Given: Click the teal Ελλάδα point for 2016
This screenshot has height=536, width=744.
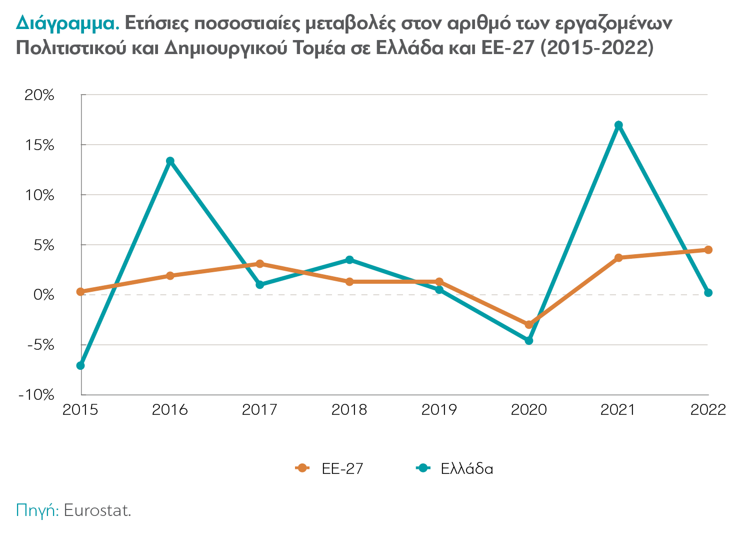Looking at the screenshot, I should tap(170, 161).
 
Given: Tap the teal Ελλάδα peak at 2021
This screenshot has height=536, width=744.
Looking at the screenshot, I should tap(618, 125).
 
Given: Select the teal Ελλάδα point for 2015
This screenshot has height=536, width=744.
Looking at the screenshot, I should tap(80, 365).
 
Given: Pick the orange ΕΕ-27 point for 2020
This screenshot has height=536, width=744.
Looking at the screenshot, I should tap(529, 325).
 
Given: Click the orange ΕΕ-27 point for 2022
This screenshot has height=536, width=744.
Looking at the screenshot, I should tap(708, 250).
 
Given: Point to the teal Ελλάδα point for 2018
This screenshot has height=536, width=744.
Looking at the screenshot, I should tap(349, 260).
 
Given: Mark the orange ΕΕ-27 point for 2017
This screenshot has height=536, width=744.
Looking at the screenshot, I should tap(259, 264).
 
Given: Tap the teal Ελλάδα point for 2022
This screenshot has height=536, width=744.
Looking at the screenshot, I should tap(708, 293).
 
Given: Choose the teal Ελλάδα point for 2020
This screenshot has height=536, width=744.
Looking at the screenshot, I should tap(529, 340).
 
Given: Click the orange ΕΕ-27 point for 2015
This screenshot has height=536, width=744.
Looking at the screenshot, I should tap(80, 292).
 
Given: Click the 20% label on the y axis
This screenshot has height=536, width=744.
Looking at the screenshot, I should tap(39, 95).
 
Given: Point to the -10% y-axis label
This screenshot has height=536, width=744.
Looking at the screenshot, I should tap(36, 395).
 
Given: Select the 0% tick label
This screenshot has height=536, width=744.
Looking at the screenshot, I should tap(43, 295).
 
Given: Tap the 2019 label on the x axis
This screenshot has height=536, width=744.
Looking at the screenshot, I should tap(439, 410).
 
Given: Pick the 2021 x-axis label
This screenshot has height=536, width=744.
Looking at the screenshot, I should tap(618, 410).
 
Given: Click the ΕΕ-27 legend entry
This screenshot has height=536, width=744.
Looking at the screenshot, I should tap(330, 468).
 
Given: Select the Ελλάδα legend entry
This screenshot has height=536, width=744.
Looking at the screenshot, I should tap(455, 468).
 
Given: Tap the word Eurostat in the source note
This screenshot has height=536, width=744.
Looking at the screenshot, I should tap(97, 510).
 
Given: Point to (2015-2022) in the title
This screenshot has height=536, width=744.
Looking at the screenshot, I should tap(597, 48).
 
